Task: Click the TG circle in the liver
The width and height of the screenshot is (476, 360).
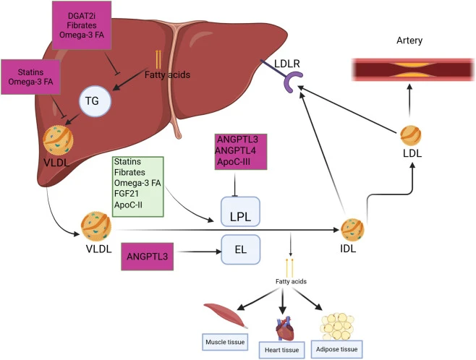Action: (x=95, y=101)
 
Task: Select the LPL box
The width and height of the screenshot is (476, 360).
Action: (x=240, y=211)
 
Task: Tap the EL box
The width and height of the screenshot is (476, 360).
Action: (x=240, y=249)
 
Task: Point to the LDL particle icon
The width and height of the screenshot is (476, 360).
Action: (x=411, y=136)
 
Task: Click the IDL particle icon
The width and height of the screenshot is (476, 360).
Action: (x=352, y=230)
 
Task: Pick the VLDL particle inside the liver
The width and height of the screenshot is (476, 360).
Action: (x=58, y=141)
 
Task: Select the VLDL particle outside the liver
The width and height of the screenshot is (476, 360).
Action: (x=96, y=226)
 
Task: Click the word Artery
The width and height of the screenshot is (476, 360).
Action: (x=409, y=40)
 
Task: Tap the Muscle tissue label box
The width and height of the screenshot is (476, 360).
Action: (x=225, y=342)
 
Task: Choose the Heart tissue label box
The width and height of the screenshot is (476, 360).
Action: (x=281, y=350)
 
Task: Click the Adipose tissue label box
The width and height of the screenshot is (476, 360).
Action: (x=336, y=349)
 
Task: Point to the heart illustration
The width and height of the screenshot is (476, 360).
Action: (x=285, y=328)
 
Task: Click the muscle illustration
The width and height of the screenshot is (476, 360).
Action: (x=226, y=316)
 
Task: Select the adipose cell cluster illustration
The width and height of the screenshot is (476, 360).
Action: (x=337, y=326)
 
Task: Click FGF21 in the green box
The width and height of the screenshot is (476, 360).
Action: (x=127, y=194)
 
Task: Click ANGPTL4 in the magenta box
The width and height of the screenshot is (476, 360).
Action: (x=236, y=150)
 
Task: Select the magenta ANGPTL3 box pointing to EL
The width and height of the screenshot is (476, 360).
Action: (x=148, y=257)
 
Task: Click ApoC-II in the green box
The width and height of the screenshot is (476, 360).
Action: (x=128, y=205)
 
